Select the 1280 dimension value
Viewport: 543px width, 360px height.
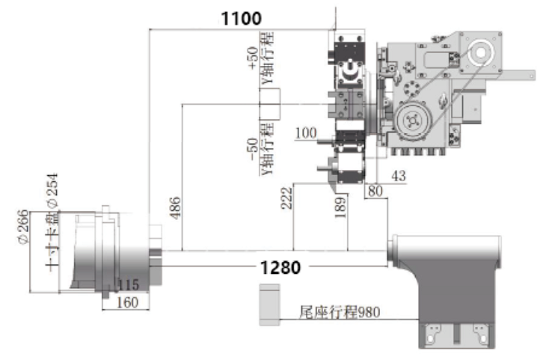tap(280, 267)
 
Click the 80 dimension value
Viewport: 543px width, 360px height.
tap(373, 192)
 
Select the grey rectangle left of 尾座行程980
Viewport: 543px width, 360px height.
tap(269, 304)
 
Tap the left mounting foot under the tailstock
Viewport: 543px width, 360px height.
tap(435, 335)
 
